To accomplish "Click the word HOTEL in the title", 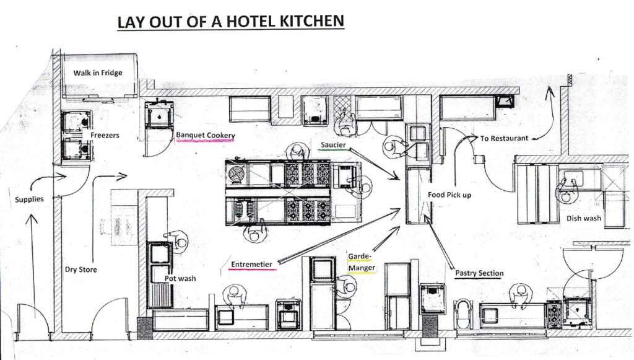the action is (245, 21).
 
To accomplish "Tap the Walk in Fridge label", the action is (98, 73).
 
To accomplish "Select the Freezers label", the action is (105, 135).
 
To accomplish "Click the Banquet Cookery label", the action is (206, 135).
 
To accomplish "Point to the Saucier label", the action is (333, 145).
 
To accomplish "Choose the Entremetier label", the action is (251, 265).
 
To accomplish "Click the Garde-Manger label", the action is (362, 262).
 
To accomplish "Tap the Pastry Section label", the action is (479, 273).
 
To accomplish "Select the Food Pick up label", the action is (449, 195).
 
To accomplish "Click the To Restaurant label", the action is (504, 138).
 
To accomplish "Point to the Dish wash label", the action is (583, 219).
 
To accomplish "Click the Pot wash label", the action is (180, 278).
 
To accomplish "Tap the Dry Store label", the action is (81, 270).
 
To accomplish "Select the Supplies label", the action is (29, 200).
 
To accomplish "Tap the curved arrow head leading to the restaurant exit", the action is (550, 90).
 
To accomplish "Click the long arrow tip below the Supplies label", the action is (31, 215).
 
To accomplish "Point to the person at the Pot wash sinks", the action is (176, 242).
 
